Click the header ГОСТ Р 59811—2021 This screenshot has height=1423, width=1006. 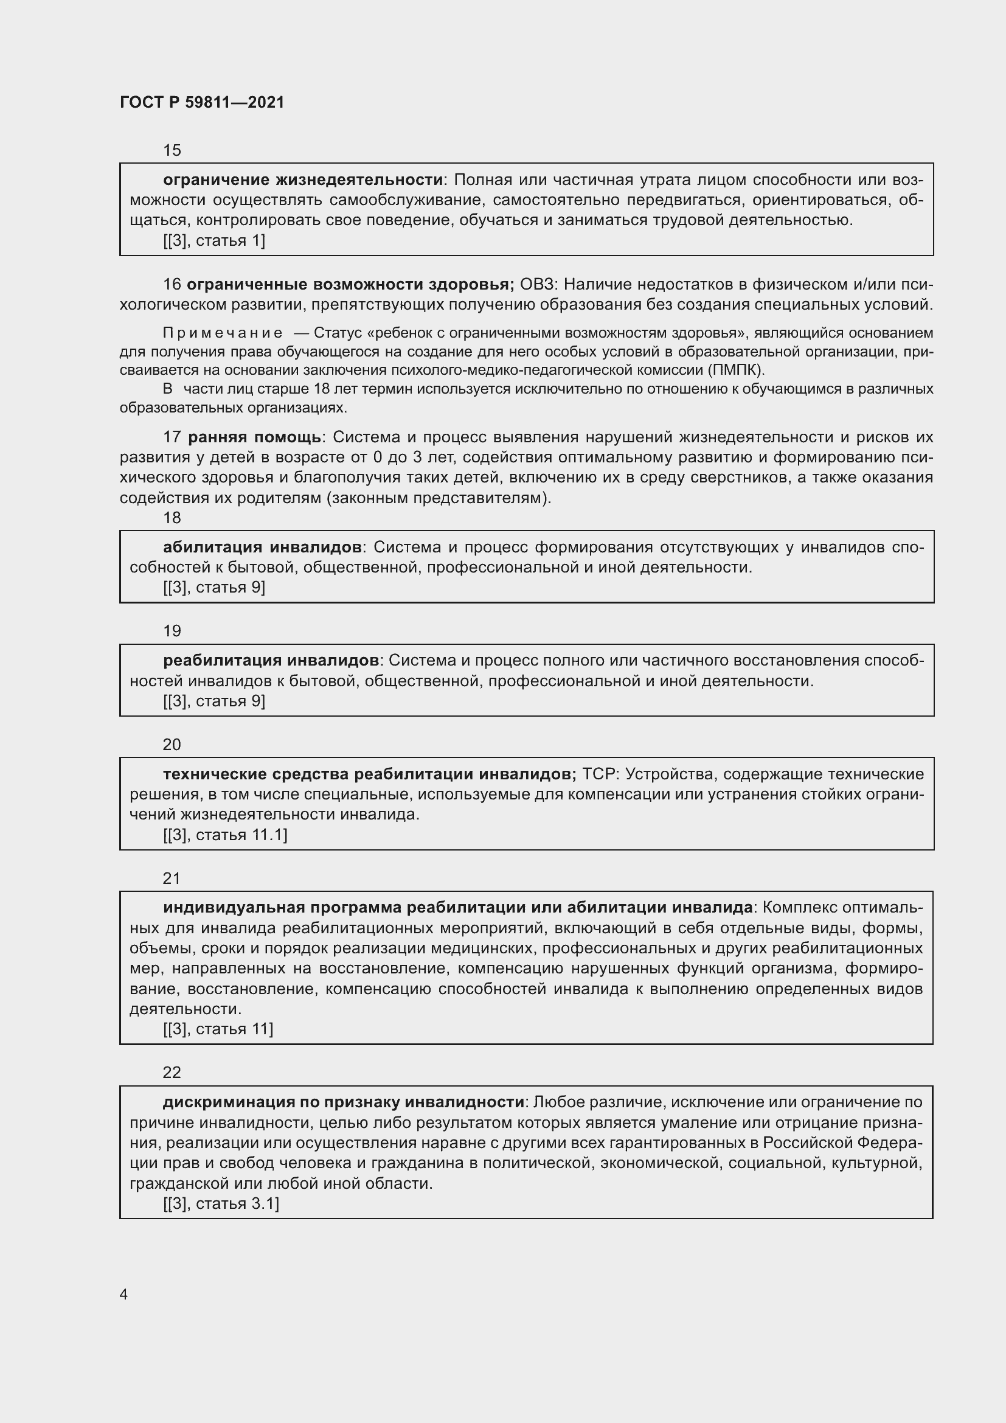(202, 102)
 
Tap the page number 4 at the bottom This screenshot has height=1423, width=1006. (124, 1294)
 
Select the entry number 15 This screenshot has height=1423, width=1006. (172, 151)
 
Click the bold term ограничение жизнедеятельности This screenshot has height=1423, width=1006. (303, 180)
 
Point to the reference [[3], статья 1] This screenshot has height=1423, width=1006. (213, 241)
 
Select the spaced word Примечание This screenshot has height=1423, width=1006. (223, 333)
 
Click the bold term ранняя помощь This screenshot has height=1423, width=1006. (254, 437)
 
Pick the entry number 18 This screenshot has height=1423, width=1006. (172, 518)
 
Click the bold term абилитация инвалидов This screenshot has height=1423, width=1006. (262, 548)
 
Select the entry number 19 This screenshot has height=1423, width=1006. (172, 631)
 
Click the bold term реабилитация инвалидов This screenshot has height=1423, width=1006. (271, 661)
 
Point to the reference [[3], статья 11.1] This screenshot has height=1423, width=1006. (225, 835)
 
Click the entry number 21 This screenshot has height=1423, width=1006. (172, 879)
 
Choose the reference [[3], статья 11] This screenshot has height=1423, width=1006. (218, 1029)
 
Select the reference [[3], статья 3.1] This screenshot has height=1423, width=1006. (221, 1204)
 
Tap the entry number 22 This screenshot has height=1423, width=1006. (172, 1073)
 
